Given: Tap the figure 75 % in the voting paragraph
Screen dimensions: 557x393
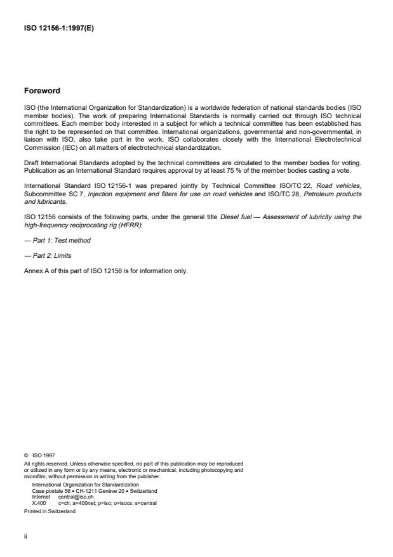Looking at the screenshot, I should point(242,171).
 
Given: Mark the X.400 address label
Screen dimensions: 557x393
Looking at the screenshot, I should point(39,502).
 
